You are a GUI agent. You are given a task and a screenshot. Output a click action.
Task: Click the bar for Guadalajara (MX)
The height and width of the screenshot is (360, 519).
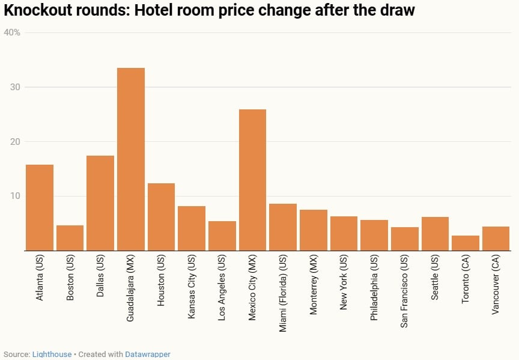[131, 159]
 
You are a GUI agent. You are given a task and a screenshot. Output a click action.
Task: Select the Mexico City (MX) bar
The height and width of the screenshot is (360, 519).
[252, 180]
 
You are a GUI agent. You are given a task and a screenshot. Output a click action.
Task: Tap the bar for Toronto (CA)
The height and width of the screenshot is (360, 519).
[466, 243]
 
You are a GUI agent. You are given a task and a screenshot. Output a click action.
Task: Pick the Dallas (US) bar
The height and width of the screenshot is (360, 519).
[100, 203]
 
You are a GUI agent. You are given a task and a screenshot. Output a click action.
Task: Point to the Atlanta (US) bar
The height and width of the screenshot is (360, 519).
[40, 207]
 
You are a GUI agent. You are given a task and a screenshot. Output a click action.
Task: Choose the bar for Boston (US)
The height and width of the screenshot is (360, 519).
[70, 238]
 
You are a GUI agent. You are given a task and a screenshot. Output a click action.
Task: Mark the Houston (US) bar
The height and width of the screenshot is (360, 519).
[161, 217]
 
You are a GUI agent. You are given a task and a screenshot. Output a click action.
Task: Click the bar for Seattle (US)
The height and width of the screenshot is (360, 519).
[435, 234]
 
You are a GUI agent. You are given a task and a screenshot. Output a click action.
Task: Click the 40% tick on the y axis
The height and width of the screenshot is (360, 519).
[12, 32]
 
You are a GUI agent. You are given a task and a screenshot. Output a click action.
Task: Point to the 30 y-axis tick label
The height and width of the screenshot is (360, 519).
[15, 87]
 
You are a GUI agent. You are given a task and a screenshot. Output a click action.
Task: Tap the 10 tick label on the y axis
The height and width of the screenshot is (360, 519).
[15, 196]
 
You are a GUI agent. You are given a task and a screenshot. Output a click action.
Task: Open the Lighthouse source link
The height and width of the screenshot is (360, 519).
[52, 355]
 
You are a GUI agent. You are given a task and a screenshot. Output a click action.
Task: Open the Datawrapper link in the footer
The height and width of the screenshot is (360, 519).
[148, 355]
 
